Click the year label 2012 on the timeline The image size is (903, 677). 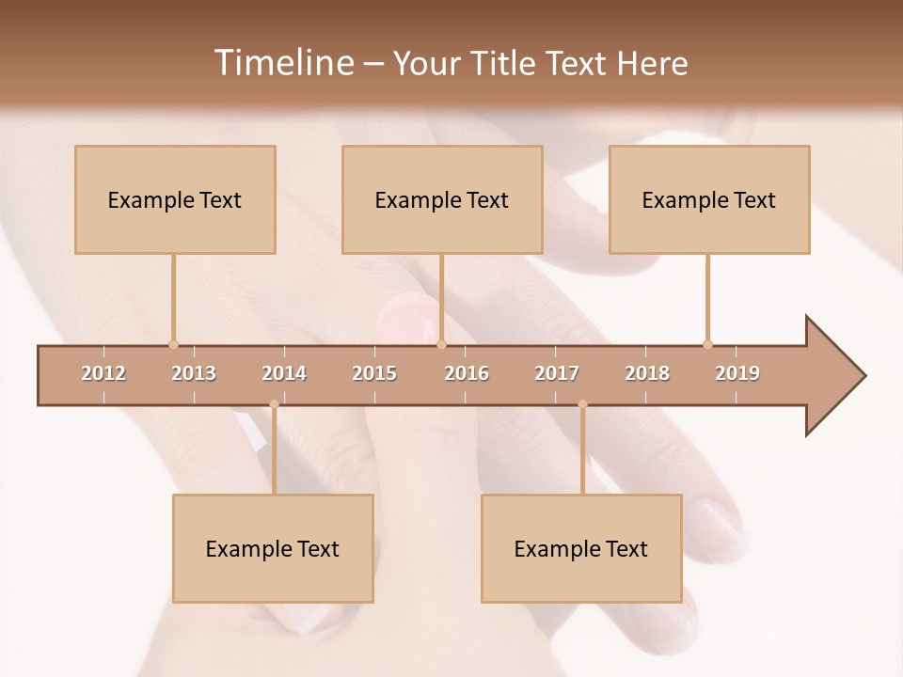[103, 373]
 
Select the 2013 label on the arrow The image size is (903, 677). [194, 373]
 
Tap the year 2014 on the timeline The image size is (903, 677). [284, 373]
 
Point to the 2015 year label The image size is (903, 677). [374, 373]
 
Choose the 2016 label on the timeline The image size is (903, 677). [467, 373]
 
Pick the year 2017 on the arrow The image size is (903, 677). [557, 373]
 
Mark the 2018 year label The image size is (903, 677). [647, 373]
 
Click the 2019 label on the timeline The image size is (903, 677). [737, 373]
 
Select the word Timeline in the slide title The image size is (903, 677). [281, 63]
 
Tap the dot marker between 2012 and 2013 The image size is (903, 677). [173, 344]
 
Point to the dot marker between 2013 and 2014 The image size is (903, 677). [274, 404]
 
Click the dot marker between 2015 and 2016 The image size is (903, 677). [441, 344]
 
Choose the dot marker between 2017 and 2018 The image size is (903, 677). [582, 404]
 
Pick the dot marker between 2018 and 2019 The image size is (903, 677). [707, 344]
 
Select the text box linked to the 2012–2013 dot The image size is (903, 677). [175, 199]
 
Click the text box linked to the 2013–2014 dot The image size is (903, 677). [273, 548]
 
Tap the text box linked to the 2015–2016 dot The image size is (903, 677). [442, 199]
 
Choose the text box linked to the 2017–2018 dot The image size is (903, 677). [581, 548]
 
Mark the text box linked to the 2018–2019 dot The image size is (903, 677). [709, 199]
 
